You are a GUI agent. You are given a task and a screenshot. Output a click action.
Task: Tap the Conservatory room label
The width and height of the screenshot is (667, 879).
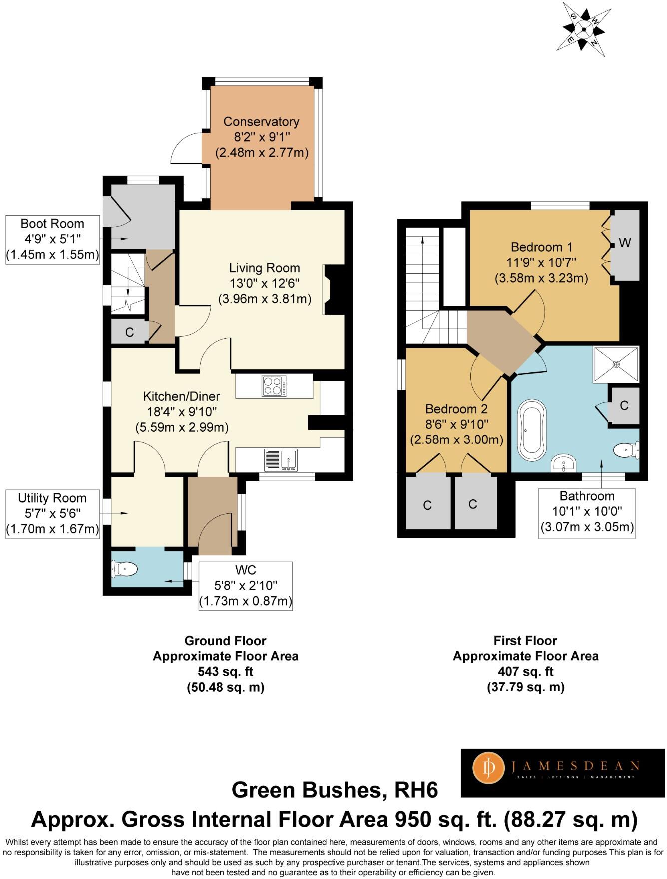261,122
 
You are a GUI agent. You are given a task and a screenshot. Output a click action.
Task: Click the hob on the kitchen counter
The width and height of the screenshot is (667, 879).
274,386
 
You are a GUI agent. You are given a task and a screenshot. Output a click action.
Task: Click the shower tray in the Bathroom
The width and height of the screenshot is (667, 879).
616,364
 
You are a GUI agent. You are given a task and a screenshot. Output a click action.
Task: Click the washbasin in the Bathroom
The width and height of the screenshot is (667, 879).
564,463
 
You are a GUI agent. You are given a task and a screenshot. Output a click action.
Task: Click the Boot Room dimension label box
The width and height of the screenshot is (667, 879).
52,240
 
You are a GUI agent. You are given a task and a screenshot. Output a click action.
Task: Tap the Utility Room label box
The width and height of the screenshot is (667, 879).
52,514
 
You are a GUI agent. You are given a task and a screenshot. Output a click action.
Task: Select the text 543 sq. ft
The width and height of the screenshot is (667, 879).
225,672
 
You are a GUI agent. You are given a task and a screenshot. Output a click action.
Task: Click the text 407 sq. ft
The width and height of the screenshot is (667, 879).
525,672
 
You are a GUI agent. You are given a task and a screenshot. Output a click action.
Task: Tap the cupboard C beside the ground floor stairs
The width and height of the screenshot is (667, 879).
129,332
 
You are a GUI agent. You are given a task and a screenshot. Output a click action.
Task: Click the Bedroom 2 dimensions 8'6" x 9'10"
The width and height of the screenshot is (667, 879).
456,424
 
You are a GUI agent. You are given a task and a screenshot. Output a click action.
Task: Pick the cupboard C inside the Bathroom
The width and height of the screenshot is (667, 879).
624,405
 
